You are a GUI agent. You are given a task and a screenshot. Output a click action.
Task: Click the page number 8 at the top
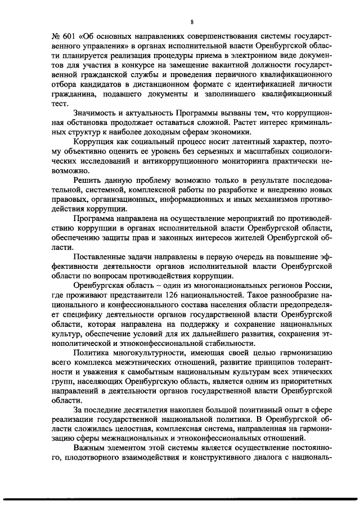coord(191,22)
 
